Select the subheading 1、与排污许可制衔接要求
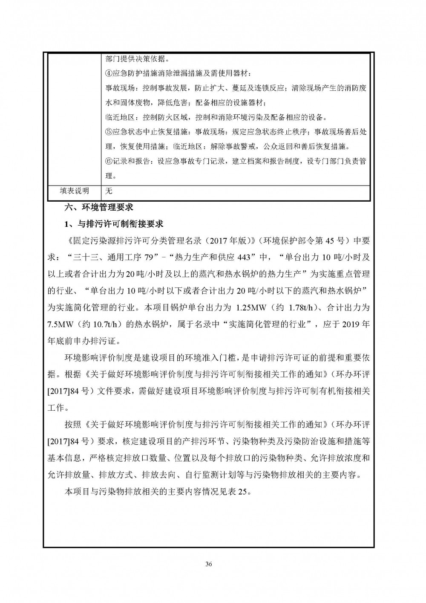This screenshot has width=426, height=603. [114, 224]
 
